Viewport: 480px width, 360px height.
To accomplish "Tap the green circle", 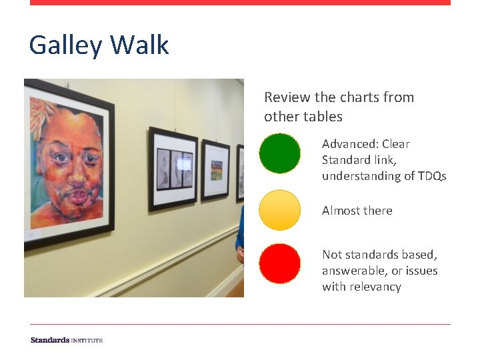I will (279, 153).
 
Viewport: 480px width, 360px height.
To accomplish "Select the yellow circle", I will (279, 210).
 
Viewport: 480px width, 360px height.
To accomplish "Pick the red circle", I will (279, 264).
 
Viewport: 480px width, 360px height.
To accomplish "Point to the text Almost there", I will (357, 211).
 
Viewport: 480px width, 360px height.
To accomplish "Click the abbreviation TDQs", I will (430, 176).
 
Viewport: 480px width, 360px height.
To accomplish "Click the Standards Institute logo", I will (67, 340).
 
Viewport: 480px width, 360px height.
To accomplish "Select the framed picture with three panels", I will (173, 168).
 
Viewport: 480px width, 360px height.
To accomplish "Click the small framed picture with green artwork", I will (216, 170).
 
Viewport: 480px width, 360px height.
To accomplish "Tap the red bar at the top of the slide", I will (240, 3).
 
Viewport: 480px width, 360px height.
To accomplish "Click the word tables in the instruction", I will (323, 117).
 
